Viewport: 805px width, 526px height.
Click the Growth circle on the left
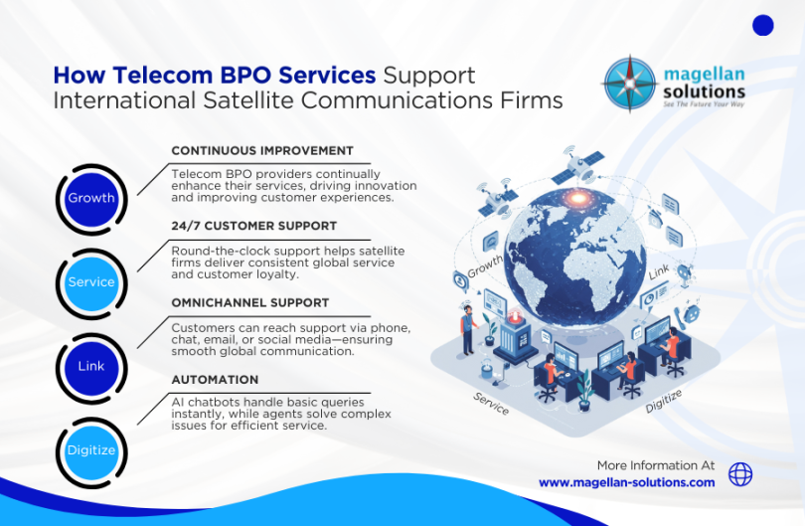click(91, 198)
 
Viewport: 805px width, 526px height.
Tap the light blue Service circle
click(91, 282)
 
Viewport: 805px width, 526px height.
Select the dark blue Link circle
click(91, 367)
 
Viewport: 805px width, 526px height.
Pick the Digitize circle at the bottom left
click(91, 450)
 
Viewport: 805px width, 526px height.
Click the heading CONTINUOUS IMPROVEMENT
click(262, 151)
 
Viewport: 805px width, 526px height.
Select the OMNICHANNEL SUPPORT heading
click(250, 302)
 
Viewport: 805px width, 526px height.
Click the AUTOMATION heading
click(215, 380)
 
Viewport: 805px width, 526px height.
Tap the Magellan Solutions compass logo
click(630, 84)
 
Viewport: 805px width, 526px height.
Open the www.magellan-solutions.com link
click(626, 482)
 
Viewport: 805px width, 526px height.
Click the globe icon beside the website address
click(740, 474)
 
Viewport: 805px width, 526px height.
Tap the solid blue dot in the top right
click(763, 26)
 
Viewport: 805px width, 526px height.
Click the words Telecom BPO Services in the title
click(215, 76)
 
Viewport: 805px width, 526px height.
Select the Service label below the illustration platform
click(491, 404)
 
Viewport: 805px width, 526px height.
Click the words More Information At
click(656, 465)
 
